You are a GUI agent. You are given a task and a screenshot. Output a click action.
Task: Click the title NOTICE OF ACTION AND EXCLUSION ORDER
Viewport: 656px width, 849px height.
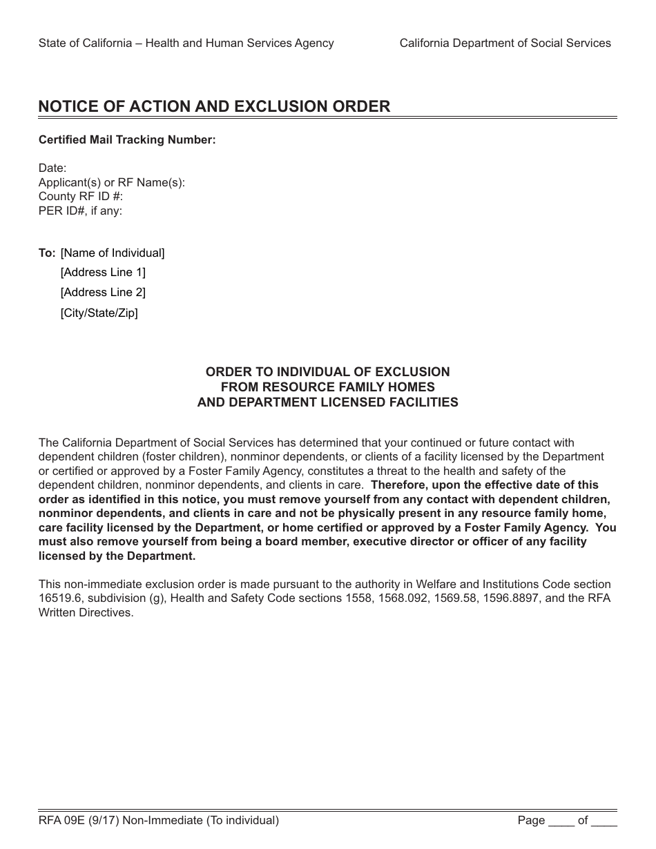pyautogui.click(x=214, y=106)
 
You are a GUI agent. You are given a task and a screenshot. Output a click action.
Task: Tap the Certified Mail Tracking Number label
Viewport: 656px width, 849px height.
pyautogui.click(x=127, y=140)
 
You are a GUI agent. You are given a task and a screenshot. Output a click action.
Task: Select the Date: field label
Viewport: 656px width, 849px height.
pyautogui.click(x=52, y=168)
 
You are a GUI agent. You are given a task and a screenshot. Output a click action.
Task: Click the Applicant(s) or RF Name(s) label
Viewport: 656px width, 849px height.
pyautogui.click(x=112, y=183)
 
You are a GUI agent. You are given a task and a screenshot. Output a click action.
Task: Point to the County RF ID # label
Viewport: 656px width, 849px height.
pyautogui.click(x=81, y=197)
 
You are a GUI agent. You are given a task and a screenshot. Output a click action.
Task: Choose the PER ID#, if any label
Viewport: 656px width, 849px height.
pyautogui.click(x=80, y=211)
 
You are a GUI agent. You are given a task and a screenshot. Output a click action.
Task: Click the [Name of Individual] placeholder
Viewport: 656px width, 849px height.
pyautogui.click(x=113, y=253)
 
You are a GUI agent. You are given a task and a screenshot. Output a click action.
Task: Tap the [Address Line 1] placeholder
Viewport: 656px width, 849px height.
pyautogui.click(x=103, y=273)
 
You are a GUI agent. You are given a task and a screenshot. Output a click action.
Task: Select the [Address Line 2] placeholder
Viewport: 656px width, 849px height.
pyautogui.click(x=103, y=293)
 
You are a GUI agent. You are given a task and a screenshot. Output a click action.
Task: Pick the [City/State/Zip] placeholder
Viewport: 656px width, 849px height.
pyautogui.click(x=99, y=313)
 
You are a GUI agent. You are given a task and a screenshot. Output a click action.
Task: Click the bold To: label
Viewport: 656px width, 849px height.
pyautogui.click(x=47, y=253)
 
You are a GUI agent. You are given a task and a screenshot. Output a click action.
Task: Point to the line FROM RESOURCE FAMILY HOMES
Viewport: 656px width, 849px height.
pyautogui.click(x=327, y=387)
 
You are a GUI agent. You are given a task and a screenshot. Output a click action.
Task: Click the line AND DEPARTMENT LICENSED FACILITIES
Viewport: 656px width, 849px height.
pyautogui.click(x=327, y=402)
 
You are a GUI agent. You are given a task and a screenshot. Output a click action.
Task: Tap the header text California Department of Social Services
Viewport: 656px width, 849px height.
pyautogui.click(x=505, y=43)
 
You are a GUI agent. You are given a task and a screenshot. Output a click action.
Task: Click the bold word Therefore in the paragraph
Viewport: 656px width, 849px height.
pyautogui.click(x=398, y=485)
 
